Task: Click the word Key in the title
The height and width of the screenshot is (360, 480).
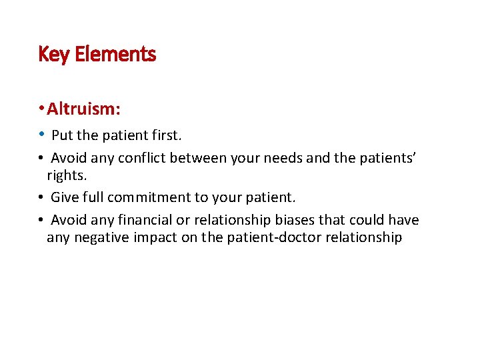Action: [54, 54]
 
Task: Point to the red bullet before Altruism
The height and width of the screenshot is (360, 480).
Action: [41, 109]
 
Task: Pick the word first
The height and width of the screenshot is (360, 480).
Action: [165, 135]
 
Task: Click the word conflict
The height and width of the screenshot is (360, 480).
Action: [140, 158]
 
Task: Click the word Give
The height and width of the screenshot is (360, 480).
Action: [65, 197]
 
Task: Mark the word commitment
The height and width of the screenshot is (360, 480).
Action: [145, 197]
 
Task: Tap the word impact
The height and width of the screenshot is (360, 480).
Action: [155, 237]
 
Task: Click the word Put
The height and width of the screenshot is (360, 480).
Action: [62, 135]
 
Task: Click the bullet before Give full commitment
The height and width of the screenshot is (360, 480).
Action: [41, 197]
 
